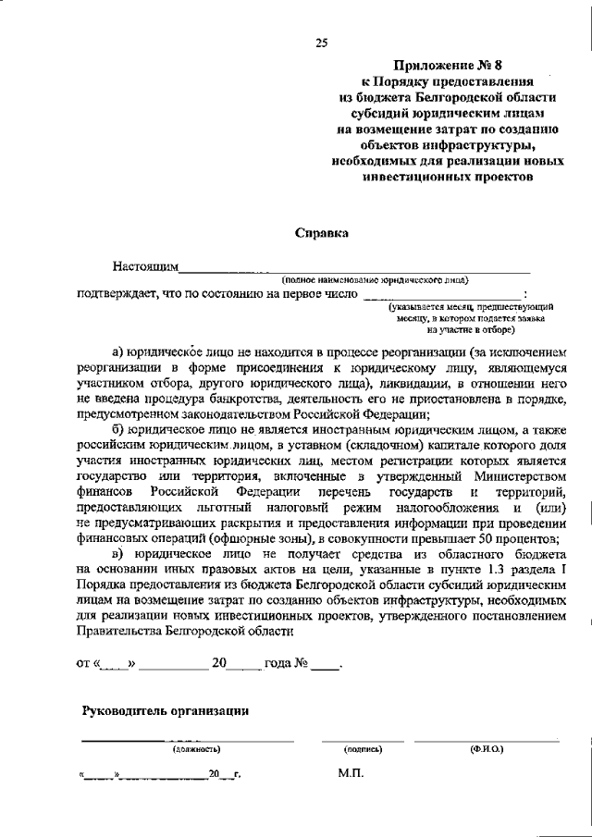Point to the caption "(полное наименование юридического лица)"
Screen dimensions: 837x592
click(x=376, y=278)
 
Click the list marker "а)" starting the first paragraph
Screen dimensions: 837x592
click(x=117, y=351)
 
